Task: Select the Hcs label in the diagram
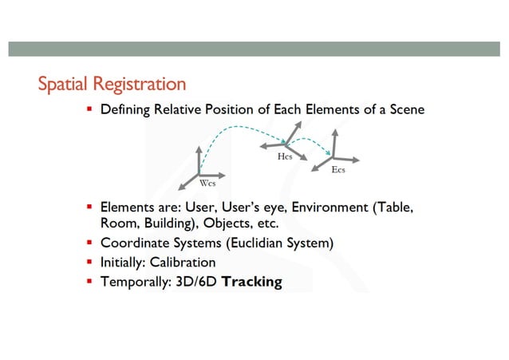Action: coord(285,157)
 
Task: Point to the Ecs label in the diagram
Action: coord(337,171)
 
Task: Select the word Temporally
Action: coord(132,282)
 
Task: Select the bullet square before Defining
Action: coord(90,109)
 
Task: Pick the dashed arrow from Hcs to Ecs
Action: coord(311,142)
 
